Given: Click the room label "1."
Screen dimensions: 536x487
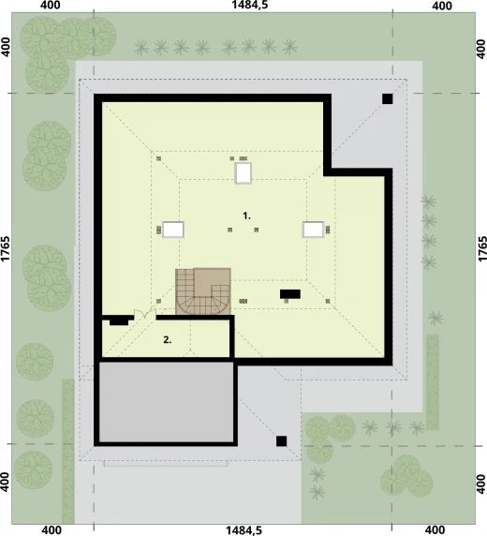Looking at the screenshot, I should [x=247, y=216].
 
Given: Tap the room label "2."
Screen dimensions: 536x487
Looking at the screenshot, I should [x=167, y=340].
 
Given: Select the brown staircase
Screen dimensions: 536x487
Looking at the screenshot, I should [x=203, y=290].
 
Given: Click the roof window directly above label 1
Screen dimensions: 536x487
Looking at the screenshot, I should [x=243, y=172].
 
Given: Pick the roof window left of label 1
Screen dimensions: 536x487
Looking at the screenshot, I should [x=173, y=230].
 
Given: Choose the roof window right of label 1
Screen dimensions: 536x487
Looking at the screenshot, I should [x=312, y=229].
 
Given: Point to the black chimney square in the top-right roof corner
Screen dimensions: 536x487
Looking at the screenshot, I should [x=386, y=98].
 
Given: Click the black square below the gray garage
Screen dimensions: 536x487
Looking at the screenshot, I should [x=281, y=440].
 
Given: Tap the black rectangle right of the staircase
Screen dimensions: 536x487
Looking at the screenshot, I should [x=290, y=294].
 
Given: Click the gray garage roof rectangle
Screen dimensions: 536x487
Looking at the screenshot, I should [x=167, y=403].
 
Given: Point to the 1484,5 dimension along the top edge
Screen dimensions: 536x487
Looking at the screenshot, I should [x=243, y=7].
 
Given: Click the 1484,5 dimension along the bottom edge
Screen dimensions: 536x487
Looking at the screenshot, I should [x=243, y=529].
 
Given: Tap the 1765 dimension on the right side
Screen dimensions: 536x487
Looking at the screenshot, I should [x=480, y=253].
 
